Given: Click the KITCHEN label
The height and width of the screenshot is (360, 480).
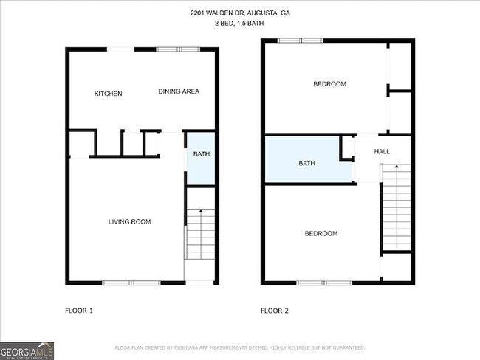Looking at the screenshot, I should coord(108,94).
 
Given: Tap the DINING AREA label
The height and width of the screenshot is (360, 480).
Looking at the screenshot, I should coord(179,91).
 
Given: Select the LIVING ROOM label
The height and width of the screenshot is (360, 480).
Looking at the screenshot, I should coord(130,221).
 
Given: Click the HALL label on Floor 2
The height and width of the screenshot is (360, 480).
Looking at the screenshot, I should coord(382,151).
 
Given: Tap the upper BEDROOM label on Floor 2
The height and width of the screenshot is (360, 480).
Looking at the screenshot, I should coord(329,84).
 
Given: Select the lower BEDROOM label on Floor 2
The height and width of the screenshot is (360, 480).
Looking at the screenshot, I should coord(321,233).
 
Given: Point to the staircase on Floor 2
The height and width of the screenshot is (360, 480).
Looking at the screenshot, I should coord(396,210).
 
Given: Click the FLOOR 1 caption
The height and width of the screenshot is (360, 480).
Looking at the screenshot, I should coord(79,311).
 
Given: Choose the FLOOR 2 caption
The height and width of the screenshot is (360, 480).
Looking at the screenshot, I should coord(275,311).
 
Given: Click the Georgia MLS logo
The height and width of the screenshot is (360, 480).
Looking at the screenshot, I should coord(27,350).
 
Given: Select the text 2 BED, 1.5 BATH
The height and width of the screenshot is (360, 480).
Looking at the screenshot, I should coord(240,24).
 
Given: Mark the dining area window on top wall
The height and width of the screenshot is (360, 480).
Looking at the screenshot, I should coord(178,49).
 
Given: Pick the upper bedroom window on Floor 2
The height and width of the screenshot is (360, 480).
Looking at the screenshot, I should coord(299,41).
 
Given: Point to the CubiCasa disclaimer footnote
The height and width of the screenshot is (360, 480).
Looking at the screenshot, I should coord(239,347).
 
